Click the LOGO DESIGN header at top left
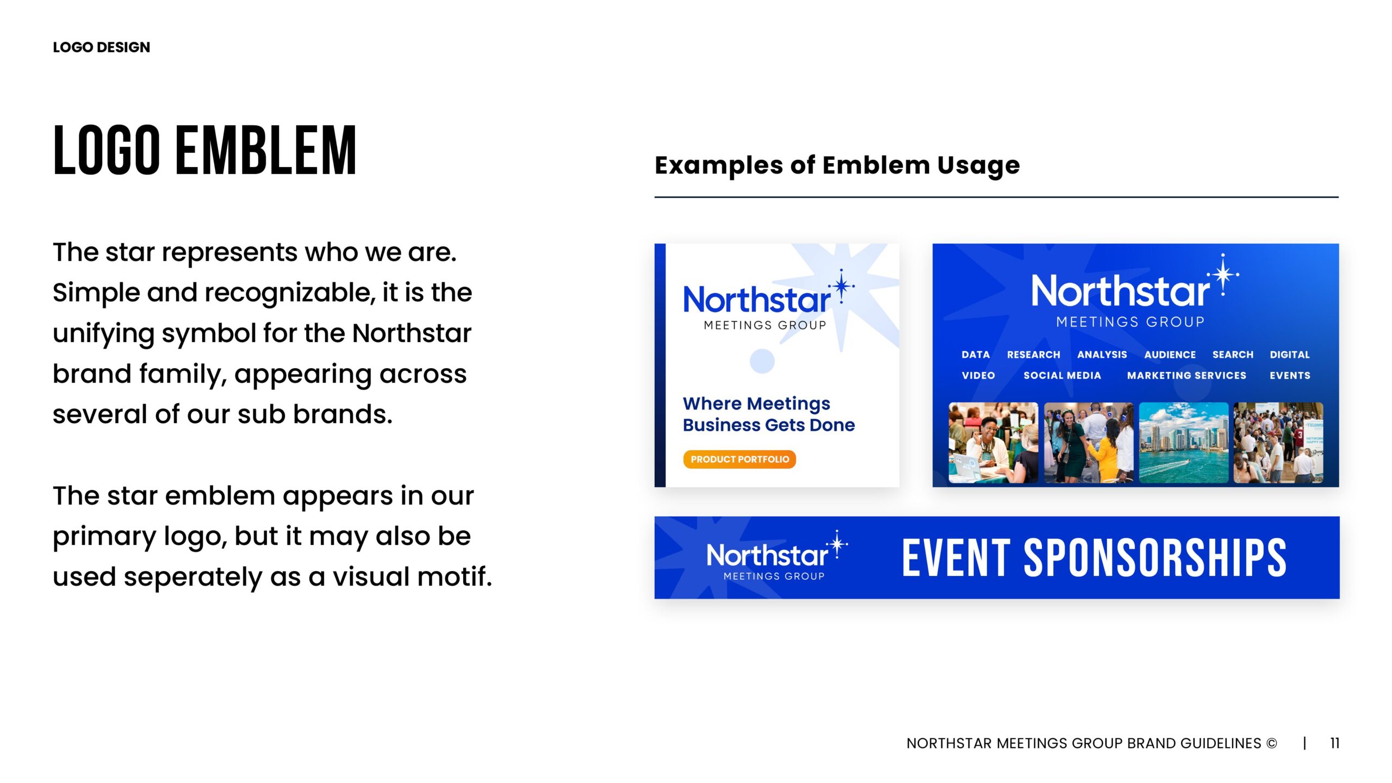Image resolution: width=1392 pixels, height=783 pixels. point(101,47)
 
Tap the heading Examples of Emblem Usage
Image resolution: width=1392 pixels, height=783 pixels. point(837,165)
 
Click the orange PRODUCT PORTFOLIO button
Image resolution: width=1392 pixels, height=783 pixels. point(739,459)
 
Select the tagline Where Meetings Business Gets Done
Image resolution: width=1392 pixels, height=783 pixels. point(768,414)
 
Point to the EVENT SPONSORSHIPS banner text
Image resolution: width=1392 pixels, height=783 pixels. point(1094,558)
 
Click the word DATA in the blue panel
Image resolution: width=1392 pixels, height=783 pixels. point(975,355)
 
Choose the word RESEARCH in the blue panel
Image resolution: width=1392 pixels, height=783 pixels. point(1033,355)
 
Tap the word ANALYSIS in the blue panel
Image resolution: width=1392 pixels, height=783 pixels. point(1102,355)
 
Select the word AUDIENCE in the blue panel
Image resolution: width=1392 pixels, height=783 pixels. point(1170,355)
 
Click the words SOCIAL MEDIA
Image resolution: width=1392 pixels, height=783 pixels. point(1062,375)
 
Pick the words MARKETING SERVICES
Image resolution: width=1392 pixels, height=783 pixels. point(1186,375)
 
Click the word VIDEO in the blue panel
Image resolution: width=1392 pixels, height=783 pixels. point(978,375)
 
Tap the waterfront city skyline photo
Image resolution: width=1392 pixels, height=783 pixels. point(1184,443)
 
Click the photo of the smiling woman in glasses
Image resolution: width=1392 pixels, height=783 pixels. point(993,443)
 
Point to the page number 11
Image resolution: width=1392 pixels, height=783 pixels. point(1334,743)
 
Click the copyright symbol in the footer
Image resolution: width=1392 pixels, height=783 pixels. point(1271,743)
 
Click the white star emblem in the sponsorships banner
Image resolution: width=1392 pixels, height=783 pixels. point(837,544)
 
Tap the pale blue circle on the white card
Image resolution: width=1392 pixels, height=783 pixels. point(762,361)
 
